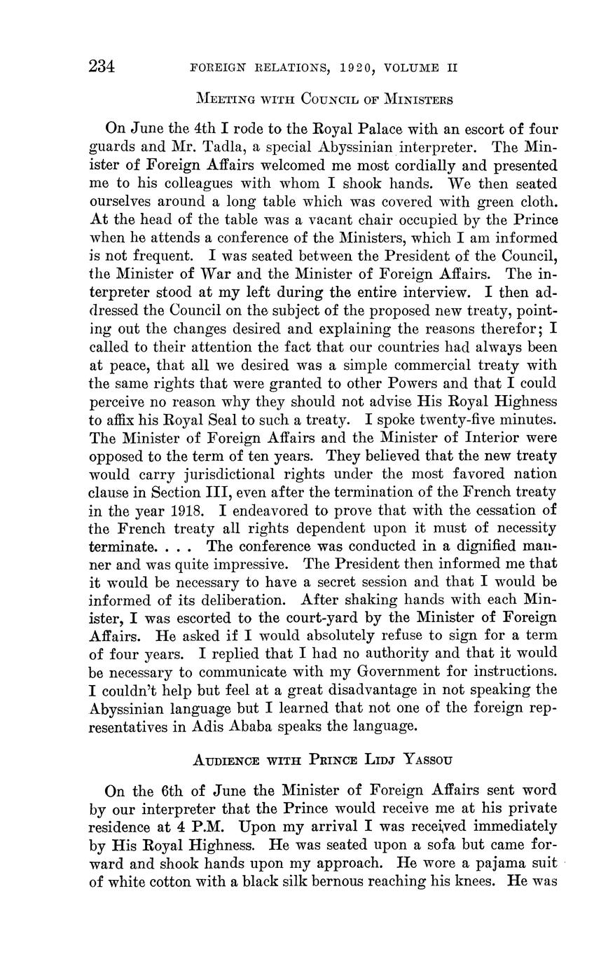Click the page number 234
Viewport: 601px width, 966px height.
(x=102, y=67)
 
